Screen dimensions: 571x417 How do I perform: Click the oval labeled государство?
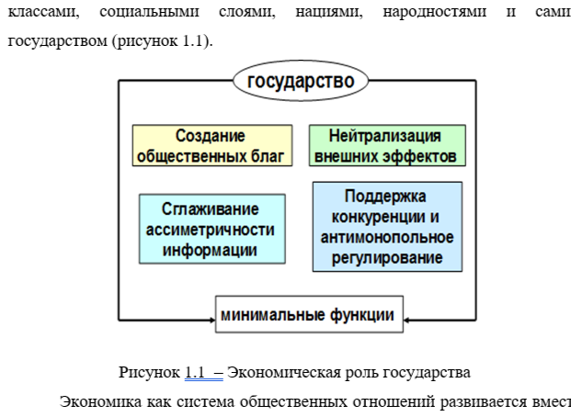point(300,81)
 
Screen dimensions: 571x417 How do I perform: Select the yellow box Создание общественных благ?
point(211,145)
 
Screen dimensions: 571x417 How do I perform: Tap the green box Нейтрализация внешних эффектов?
point(386,145)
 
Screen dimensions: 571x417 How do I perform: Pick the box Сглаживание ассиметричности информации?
point(211,229)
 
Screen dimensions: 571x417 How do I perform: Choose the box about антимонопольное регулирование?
point(387,227)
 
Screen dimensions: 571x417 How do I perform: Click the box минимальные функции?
point(308,315)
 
